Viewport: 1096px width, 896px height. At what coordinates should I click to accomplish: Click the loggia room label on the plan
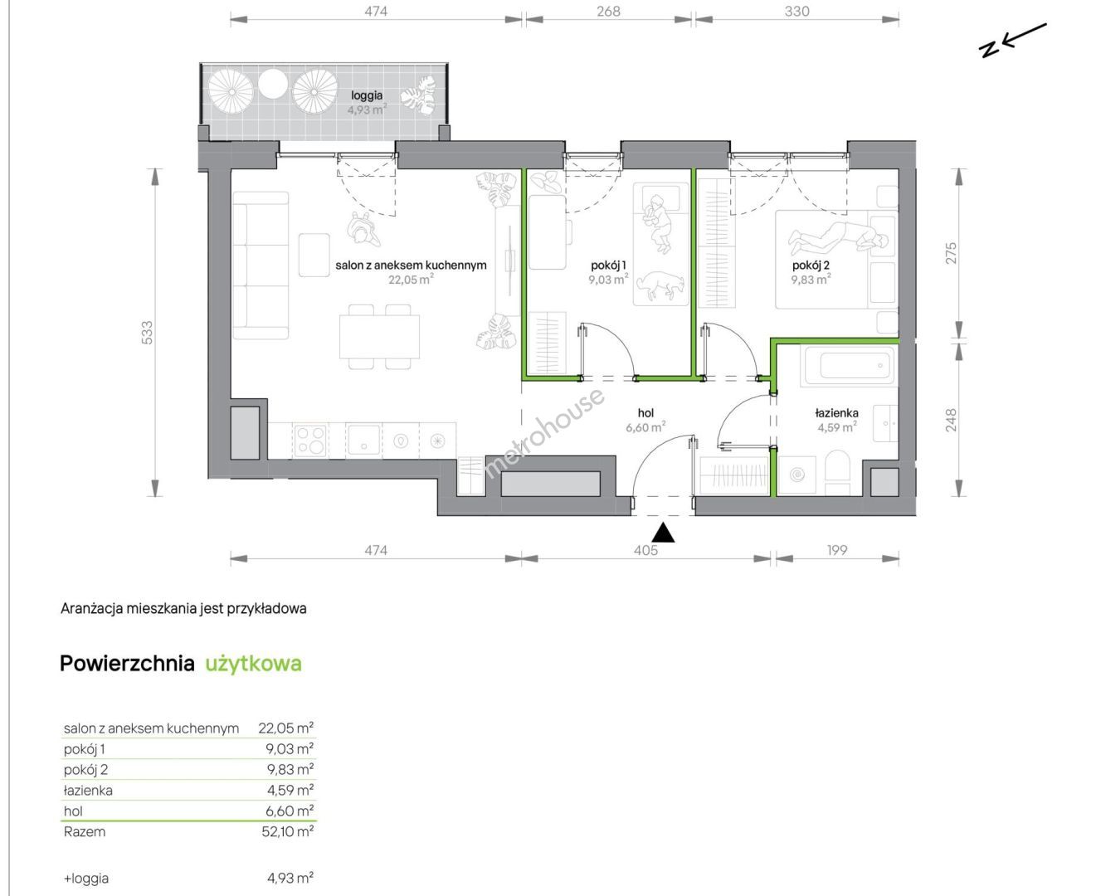tap(367, 95)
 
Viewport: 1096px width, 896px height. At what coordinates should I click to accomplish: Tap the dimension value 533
tap(148, 333)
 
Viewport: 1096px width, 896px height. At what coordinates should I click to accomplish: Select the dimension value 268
tap(608, 11)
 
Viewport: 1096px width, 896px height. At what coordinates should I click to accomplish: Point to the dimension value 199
tap(837, 550)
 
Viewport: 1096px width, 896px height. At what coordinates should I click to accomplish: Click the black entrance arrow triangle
tap(663, 533)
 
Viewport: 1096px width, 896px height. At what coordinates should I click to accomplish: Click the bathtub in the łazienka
tap(850, 366)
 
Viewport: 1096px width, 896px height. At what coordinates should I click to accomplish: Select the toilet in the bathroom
tap(836, 472)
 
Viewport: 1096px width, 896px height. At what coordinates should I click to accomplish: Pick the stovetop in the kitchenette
tap(309, 441)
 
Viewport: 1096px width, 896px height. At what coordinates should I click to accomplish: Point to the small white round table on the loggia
tap(272, 84)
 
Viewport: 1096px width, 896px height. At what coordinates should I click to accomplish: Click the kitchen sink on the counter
tap(363, 440)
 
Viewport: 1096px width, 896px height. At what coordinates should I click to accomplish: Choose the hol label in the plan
tap(645, 413)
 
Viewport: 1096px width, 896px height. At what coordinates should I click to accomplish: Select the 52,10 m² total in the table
tap(287, 831)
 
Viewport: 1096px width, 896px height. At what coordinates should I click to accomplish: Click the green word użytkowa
tap(254, 664)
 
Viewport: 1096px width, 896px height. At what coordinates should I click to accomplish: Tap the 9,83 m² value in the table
tap(290, 769)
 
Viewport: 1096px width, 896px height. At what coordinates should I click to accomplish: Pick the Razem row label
tap(84, 831)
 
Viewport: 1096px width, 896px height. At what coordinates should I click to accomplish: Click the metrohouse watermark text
tap(543, 433)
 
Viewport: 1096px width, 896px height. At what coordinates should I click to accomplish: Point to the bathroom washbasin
tap(885, 423)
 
